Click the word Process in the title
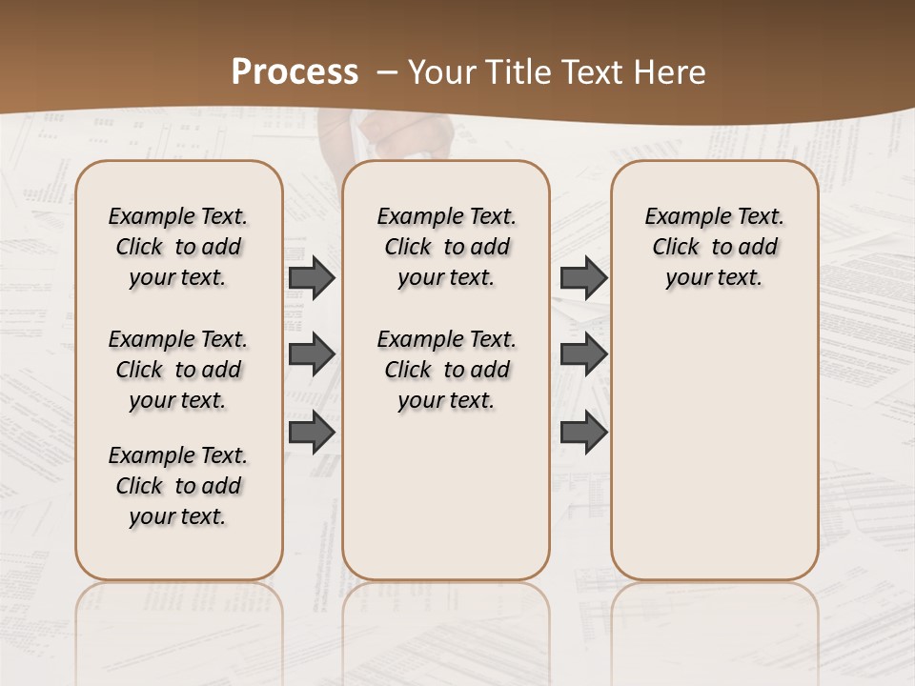coord(295,72)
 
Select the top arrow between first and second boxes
coord(312,277)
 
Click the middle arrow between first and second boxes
coord(312,354)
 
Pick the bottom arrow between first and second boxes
coord(312,433)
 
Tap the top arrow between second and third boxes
coord(583,277)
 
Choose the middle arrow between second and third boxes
coord(583,354)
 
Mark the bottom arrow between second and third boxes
coord(583,433)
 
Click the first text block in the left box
coord(178,247)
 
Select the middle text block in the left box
coord(178,370)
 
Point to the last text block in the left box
coord(178,486)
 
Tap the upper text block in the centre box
coord(446,247)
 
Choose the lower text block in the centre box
coord(446,370)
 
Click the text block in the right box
coord(714,247)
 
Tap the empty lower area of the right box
coord(714,457)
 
